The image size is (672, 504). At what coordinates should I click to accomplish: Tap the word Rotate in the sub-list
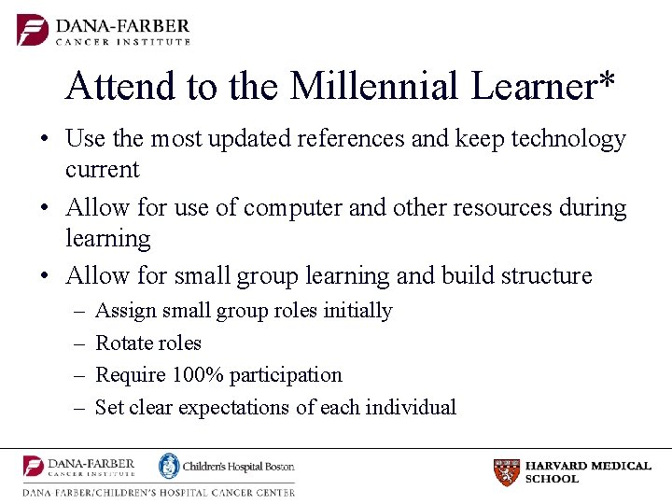click(x=122, y=343)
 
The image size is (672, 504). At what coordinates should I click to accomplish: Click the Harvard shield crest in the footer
click(x=506, y=472)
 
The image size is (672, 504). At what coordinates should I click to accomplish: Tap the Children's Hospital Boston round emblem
click(x=169, y=466)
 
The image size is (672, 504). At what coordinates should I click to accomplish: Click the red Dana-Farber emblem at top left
click(x=33, y=29)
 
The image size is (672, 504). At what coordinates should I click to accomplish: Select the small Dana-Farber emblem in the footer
click(x=35, y=467)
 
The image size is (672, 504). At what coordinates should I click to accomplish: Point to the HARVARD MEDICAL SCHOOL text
click(x=587, y=472)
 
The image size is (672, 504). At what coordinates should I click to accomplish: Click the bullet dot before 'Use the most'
click(x=44, y=140)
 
